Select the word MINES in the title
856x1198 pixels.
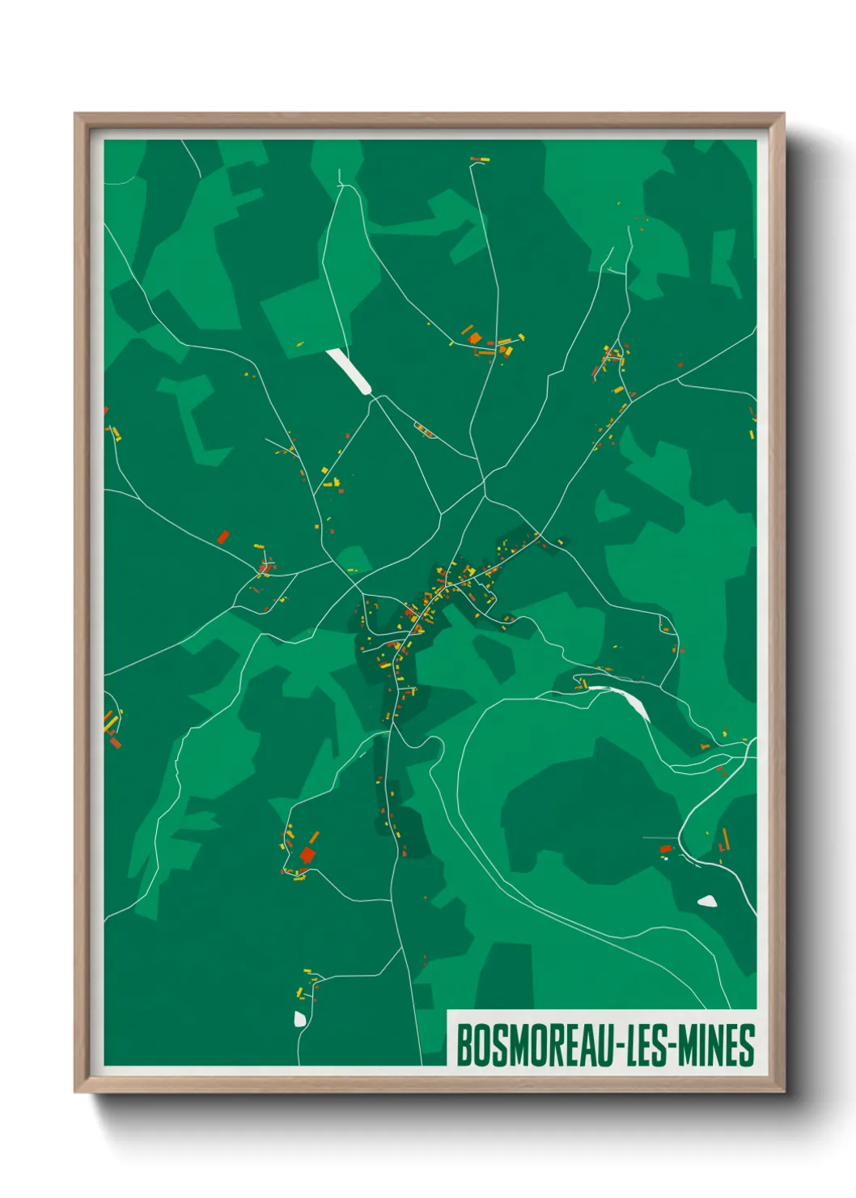(x=715, y=1045)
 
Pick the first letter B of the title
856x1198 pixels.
(x=464, y=1045)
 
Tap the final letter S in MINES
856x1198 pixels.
(x=748, y=1045)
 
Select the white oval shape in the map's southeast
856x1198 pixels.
(x=707, y=900)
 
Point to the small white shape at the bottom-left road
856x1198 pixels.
(x=300, y=1018)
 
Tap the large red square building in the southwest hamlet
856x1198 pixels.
(x=307, y=855)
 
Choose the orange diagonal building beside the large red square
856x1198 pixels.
(x=315, y=836)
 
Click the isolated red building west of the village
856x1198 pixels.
(x=223, y=536)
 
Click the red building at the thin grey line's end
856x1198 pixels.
(x=666, y=848)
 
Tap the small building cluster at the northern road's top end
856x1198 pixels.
(x=480, y=159)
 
